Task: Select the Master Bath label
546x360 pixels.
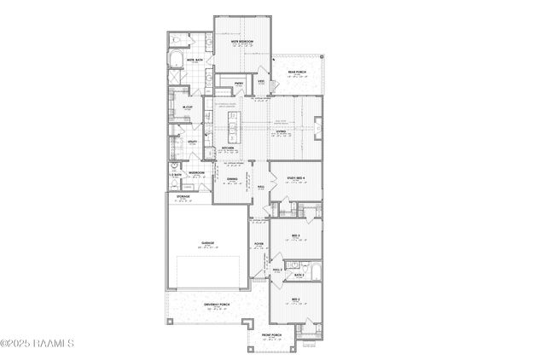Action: pos(194,60)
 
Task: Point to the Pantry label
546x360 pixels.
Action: pos(240,83)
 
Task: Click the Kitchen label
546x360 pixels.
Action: pos(229,148)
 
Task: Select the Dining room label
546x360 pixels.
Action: pos(232,178)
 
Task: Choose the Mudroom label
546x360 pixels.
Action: pos(196,171)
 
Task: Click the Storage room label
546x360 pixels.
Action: pos(183,196)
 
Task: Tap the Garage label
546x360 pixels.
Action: pos(207,243)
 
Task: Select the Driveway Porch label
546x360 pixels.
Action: pos(213,305)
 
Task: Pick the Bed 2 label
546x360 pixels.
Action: pos(296,299)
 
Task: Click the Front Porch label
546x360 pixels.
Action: pos(271,335)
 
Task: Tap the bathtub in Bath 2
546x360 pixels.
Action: pos(313,272)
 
